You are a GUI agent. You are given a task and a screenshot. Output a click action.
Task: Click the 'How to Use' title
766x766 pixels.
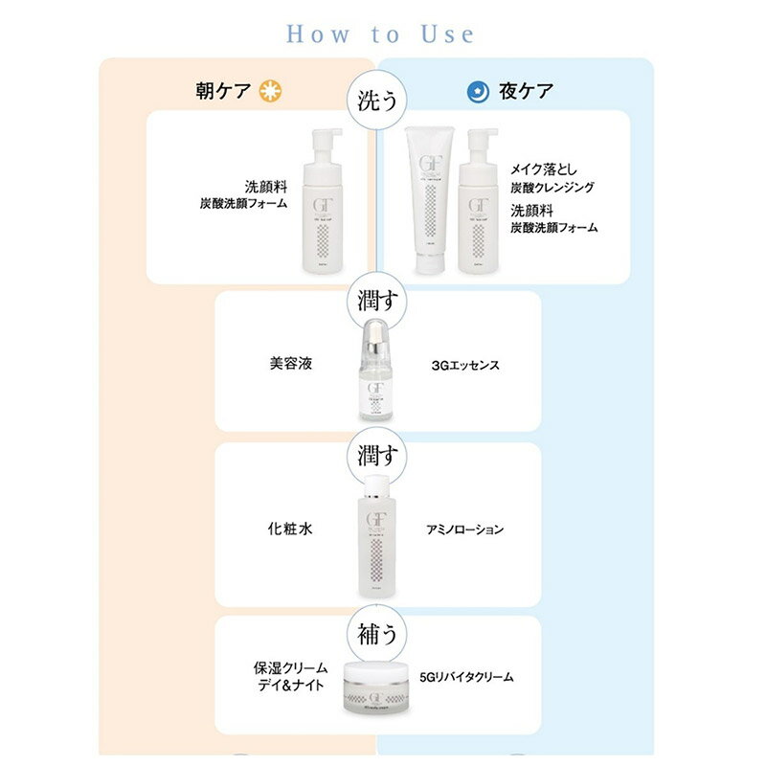click(x=380, y=34)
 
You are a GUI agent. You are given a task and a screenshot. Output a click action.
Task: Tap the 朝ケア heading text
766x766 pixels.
click(x=223, y=92)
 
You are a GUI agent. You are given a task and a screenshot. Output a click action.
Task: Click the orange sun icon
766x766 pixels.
click(x=274, y=92)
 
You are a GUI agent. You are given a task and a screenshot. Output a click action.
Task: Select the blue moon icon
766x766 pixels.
click(x=476, y=92)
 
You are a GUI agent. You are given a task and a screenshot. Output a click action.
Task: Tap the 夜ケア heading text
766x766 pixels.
click(x=526, y=92)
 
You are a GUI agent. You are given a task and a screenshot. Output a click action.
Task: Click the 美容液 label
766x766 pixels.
click(x=291, y=365)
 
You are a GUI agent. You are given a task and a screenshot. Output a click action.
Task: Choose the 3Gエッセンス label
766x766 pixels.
click(x=466, y=365)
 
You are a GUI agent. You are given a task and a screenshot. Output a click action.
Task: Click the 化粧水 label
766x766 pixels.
click(x=291, y=529)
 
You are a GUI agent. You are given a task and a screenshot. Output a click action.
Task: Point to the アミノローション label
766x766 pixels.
click(x=465, y=529)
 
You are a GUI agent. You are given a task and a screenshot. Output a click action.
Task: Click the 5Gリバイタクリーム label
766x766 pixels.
click(x=467, y=677)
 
